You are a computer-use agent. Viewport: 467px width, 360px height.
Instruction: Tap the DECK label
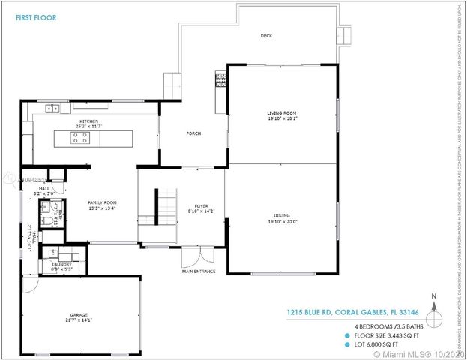265,35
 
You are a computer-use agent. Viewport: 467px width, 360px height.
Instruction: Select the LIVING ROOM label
281,113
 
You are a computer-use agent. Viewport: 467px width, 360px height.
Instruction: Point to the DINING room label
281,214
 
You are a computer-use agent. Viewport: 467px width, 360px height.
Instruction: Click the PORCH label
193,133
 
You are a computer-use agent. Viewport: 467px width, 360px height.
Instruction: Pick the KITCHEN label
90,121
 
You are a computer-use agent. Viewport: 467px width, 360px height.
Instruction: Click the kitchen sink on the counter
53,108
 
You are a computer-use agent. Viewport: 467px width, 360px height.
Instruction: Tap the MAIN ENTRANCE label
199,271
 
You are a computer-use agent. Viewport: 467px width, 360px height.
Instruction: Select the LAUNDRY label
61,263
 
